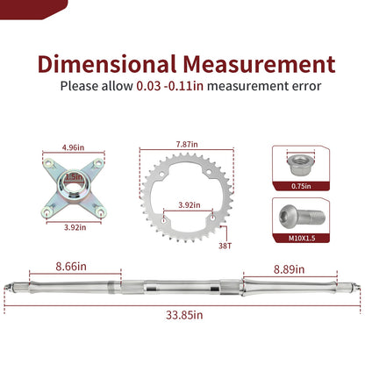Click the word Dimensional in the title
coord(107,64)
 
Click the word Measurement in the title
coord(259,64)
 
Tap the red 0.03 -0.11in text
coord(170,86)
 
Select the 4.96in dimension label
coord(73,147)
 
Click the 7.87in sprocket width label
coord(187,144)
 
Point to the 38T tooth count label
coord(225,246)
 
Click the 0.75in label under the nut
coord(301,186)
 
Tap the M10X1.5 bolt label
coord(302,238)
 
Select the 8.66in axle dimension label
coord(71,267)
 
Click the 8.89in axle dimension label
coord(289,269)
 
